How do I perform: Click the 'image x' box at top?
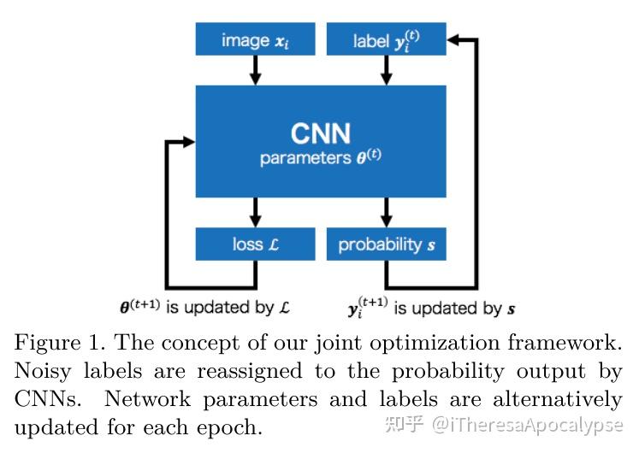coord(255,40)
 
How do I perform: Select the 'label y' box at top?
coord(386,40)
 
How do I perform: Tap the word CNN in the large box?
coord(321,133)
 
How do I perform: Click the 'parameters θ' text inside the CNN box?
coord(321,159)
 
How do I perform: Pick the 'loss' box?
coord(255,244)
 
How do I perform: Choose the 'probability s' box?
coord(386,244)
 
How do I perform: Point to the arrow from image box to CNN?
coord(255,71)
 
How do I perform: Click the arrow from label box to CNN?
coord(386,71)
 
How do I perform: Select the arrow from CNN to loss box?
coord(255,213)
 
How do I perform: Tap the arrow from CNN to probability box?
coord(386,213)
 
